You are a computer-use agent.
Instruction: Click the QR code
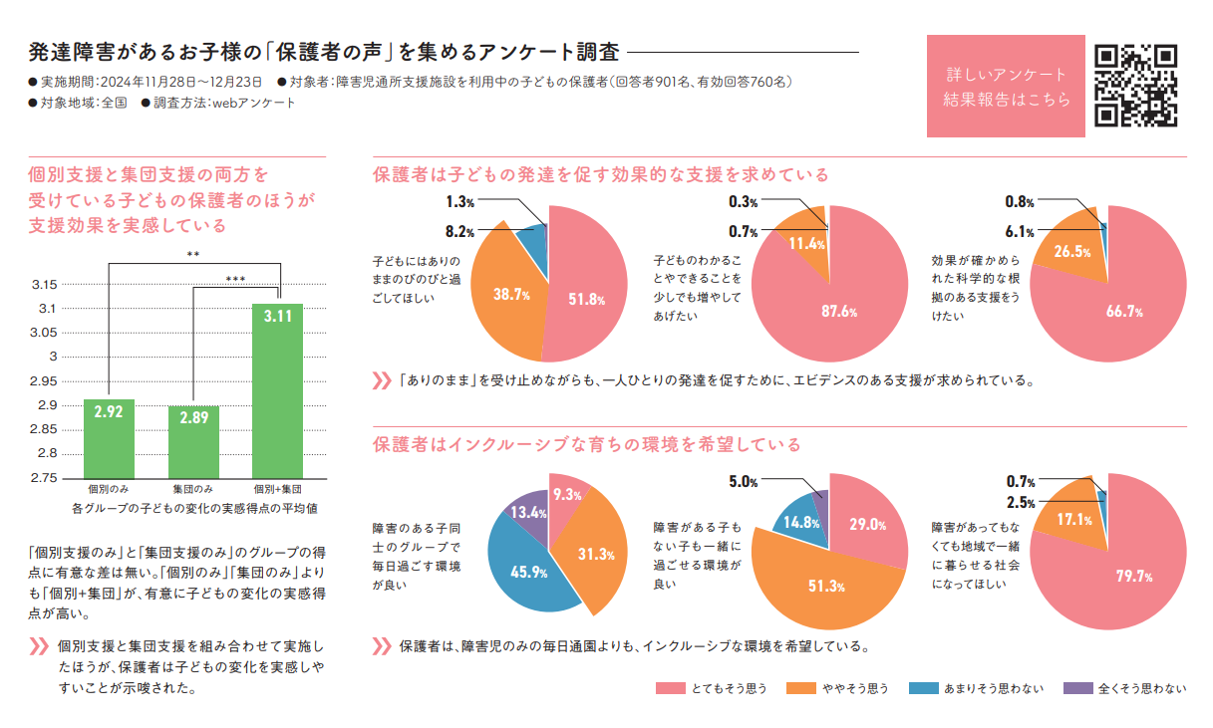[x=1136, y=87]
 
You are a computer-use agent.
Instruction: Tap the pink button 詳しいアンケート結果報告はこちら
[x=1006, y=87]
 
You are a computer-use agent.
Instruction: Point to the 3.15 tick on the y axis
[x=45, y=285]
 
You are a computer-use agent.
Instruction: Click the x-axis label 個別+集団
[x=277, y=490]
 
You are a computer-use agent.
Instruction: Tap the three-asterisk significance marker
[x=236, y=280]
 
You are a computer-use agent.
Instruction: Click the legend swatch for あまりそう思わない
[x=923, y=688]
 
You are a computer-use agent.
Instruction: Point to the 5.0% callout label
[x=744, y=482]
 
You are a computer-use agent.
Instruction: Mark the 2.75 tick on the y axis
[x=45, y=478]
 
